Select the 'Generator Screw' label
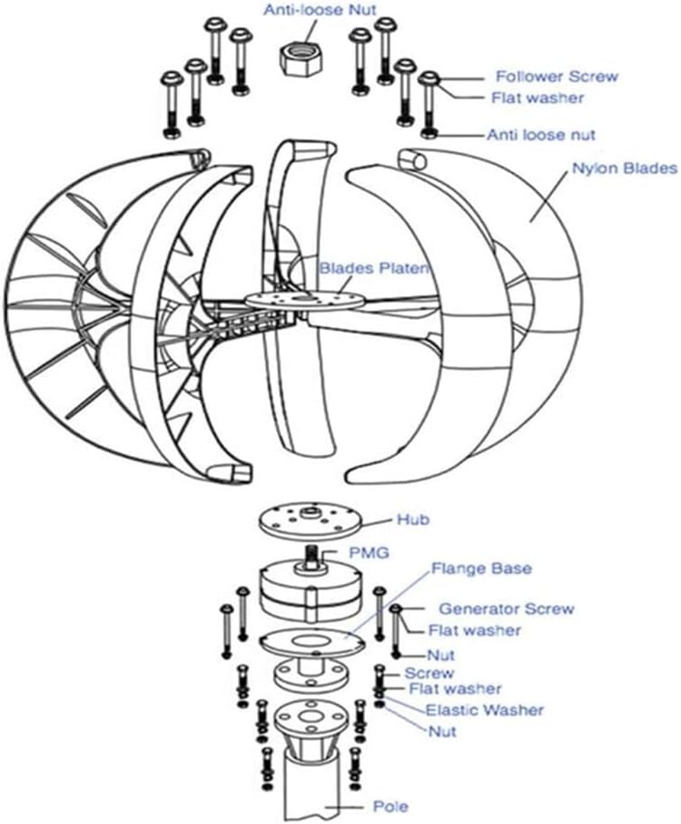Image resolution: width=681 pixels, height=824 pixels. (x=506, y=609)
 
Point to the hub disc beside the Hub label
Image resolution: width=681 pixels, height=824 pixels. (x=311, y=522)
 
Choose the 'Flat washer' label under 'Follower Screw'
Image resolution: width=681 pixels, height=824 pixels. (x=539, y=98)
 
